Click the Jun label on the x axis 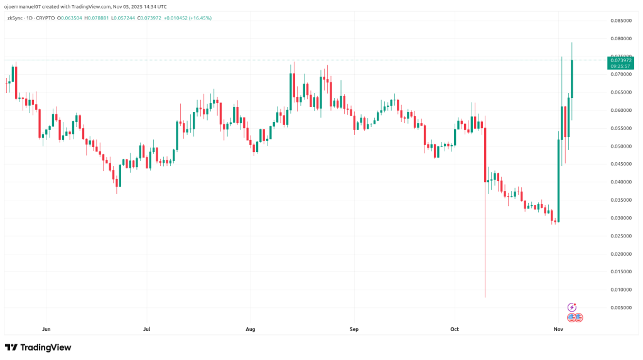point(45,329)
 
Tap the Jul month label point(147,329)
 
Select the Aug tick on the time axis point(251,329)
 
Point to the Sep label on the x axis point(354,329)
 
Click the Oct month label point(455,329)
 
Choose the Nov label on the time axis point(558,329)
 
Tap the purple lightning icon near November point(571,307)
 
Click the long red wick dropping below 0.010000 point(485,251)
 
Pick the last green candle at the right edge point(572,79)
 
